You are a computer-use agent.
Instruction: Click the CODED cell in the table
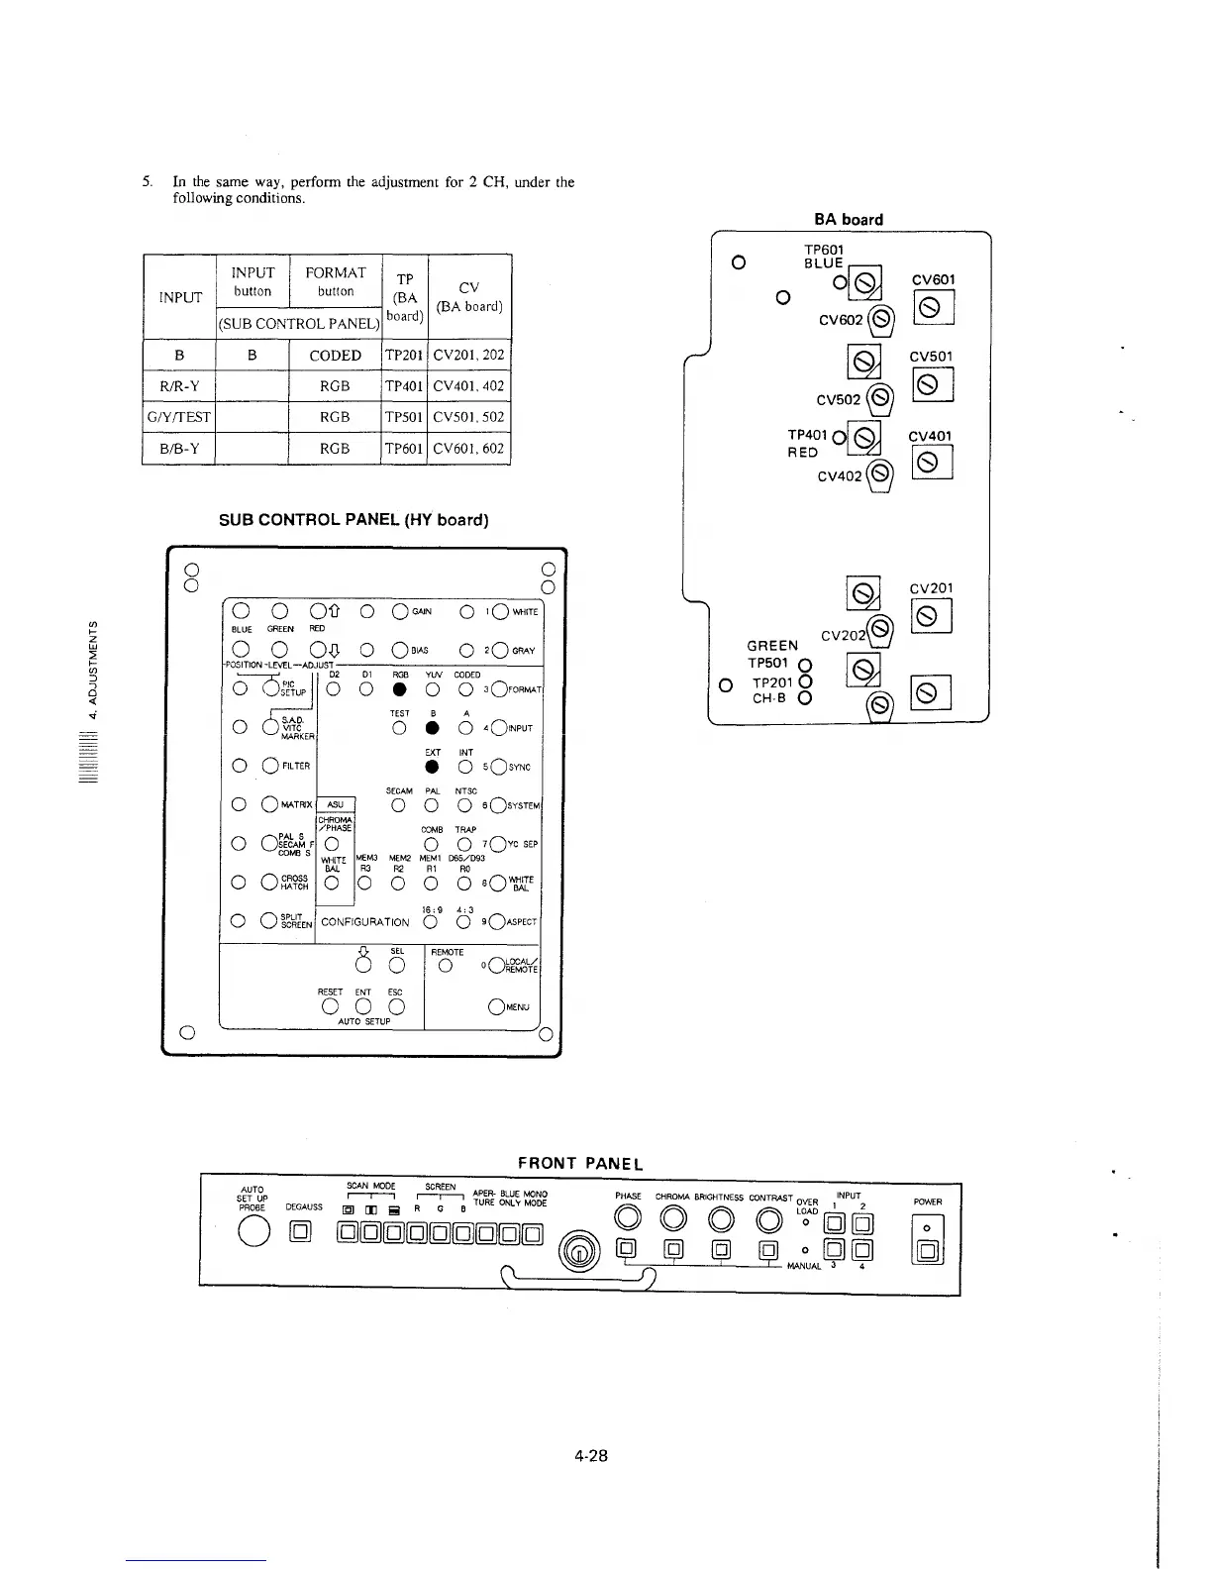coord(335,356)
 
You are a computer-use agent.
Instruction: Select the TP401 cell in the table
coord(404,386)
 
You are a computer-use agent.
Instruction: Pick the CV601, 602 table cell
coord(469,448)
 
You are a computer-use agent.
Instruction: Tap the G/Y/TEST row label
coord(179,417)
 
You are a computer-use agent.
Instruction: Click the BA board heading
coord(848,219)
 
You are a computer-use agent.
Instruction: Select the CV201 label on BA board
coord(932,588)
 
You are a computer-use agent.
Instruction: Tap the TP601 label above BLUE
coord(824,250)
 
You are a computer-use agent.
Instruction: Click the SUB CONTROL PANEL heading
coord(353,519)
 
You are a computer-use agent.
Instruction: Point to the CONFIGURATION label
coord(365,922)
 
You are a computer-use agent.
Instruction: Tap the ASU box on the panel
coord(335,805)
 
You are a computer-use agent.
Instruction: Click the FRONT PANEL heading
coord(580,1162)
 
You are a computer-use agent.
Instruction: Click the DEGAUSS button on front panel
coord(301,1232)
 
